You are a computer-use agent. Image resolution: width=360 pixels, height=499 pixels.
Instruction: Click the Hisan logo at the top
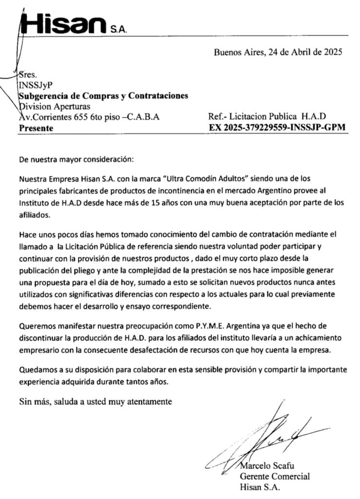tap(68, 23)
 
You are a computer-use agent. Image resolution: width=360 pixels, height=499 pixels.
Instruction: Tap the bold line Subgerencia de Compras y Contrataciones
tap(103, 96)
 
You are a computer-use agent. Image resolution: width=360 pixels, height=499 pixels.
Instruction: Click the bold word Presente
tap(36, 128)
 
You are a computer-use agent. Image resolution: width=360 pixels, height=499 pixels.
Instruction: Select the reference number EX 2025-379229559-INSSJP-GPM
tap(277, 128)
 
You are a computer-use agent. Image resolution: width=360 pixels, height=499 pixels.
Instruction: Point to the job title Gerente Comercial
tap(274, 476)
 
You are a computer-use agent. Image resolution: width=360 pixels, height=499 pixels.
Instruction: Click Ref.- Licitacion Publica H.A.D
tap(266, 117)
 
